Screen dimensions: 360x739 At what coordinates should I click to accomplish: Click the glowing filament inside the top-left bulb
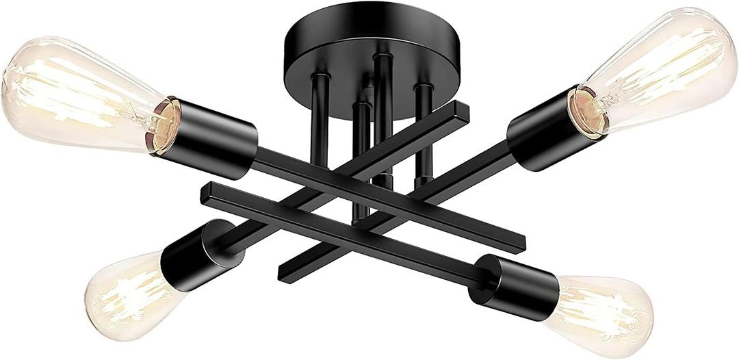tap(82, 96)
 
